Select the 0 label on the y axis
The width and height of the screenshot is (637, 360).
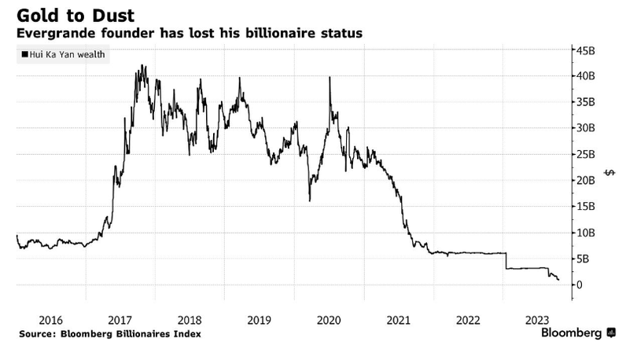pos(581,285)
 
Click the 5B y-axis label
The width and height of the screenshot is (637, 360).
pos(585,259)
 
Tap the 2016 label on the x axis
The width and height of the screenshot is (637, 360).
pos(50,320)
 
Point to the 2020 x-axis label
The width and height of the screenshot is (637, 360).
pos(329,320)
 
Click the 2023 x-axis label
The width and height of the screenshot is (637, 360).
pos(537,320)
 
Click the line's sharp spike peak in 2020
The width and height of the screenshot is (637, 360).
pos(329,77)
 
